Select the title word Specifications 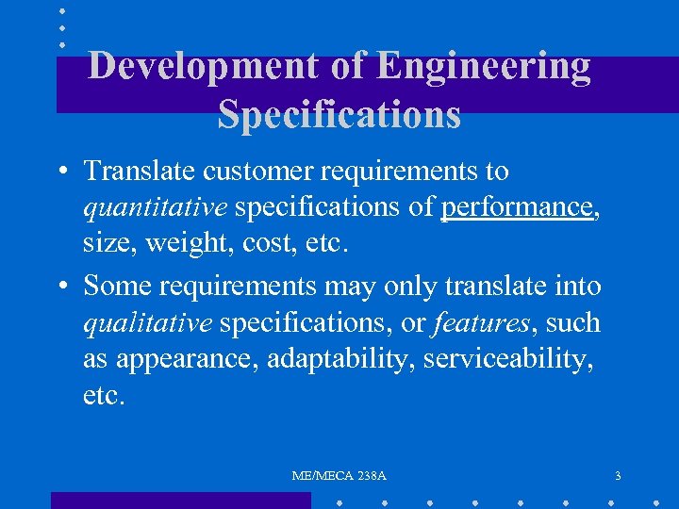[339, 114]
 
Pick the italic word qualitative [147, 323]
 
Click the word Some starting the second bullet [114, 284]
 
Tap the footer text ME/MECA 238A [339, 476]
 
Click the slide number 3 [618, 476]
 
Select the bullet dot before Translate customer [60, 172]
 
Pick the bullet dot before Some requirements [60, 285]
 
